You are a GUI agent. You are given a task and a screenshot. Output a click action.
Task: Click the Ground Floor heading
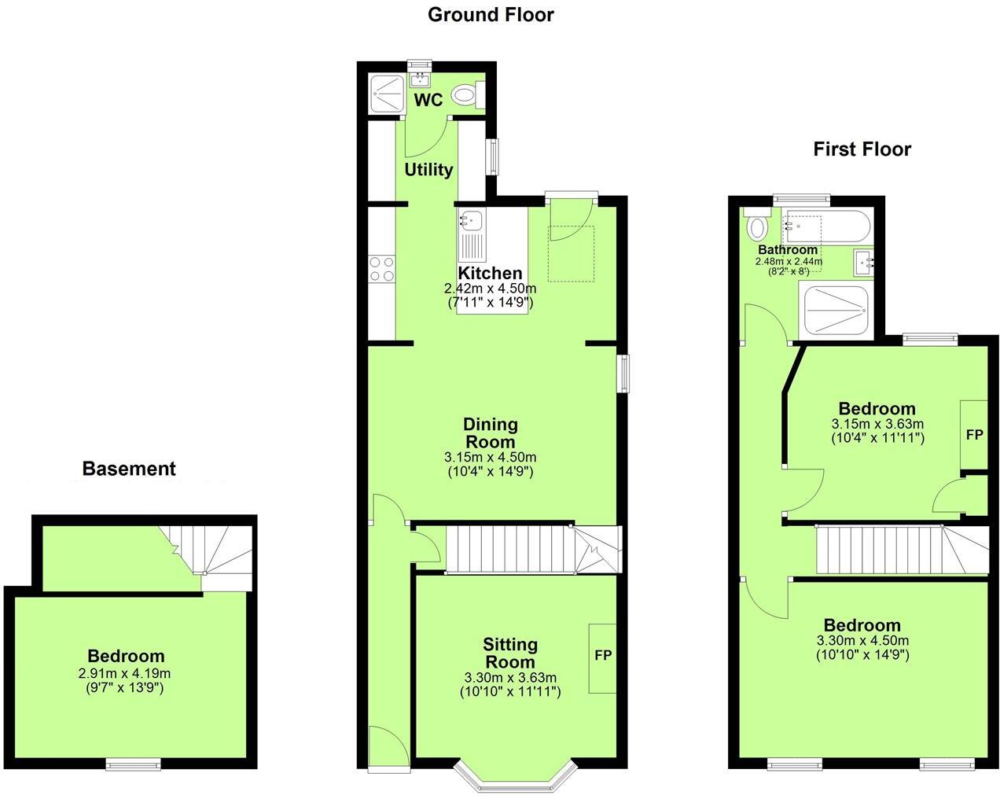point(491,15)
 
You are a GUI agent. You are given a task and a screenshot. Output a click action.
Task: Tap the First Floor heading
point(862,149)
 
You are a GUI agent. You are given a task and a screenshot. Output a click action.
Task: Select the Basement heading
point(129,469)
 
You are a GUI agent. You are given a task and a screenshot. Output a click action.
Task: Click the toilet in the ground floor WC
point(469,95)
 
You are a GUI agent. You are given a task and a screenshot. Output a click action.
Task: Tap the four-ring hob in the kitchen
point(382,270)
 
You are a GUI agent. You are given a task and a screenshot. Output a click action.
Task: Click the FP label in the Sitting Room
point(603,655)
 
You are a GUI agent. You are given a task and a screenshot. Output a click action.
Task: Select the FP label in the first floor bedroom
point(974,434)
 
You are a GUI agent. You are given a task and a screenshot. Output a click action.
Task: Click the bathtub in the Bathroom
point(825,228)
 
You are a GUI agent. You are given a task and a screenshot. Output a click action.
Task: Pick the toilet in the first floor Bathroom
point(758,226)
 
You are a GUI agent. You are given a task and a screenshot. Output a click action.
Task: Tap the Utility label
point(428,170)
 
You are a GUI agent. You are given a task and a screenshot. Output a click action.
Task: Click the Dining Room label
point(491,433)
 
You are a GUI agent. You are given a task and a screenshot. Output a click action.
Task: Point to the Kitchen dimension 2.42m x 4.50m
point(490,289)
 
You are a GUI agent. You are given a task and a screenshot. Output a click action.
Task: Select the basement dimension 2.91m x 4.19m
point(125,673)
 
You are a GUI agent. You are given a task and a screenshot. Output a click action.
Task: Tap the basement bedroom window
point(134,763)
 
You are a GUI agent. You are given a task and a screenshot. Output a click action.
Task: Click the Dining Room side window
point(623,373)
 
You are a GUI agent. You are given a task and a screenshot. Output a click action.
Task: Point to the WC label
point(428,100)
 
